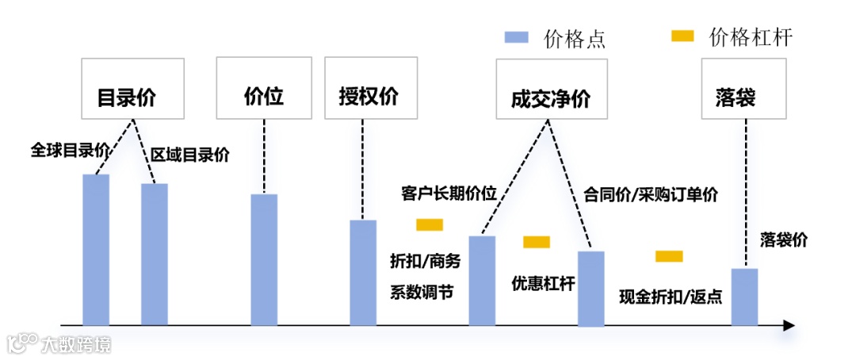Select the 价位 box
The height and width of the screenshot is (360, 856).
point(263,88)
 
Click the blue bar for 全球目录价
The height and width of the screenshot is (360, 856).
point(96,249)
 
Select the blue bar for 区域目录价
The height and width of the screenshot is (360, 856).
point(155,254)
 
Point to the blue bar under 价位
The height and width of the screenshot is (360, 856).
point(264,259)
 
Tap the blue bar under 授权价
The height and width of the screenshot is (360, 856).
point(363,272)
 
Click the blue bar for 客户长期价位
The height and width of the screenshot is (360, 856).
point(482,280)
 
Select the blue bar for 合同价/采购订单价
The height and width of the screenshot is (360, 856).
point(590,288)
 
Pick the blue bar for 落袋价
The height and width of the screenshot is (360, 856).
point(744,296)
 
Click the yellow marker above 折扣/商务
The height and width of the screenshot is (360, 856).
point(430,225)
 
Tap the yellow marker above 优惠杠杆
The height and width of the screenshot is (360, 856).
point(537,242)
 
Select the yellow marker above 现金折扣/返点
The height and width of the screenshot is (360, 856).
point(669,256)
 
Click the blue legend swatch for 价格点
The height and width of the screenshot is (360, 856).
point(517,36)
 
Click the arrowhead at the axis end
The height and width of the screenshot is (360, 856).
point(788,325)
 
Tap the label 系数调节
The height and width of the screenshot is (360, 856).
point(421,291)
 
